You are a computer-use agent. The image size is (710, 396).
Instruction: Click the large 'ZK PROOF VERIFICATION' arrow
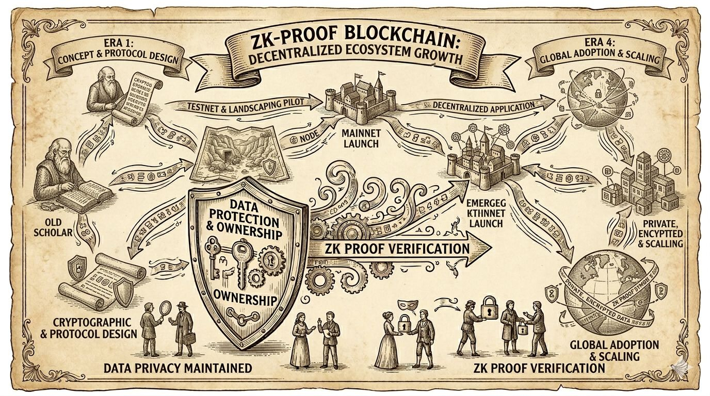[x=397, y=249]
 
